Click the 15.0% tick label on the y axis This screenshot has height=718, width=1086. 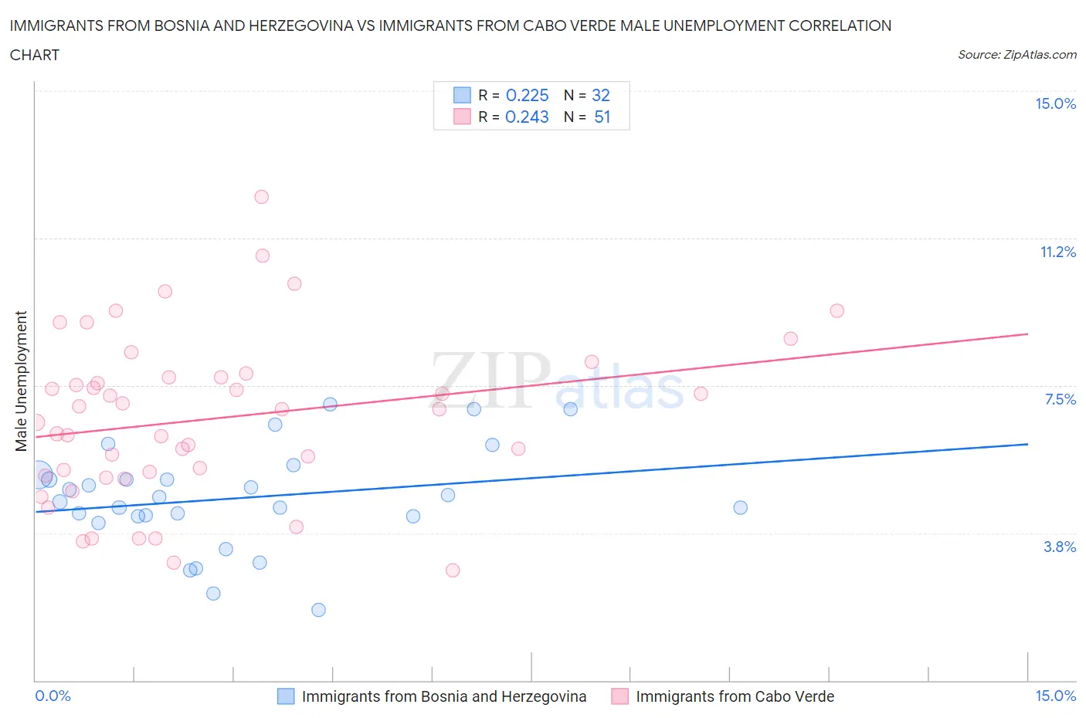1055,104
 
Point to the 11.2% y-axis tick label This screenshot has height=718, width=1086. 1057,252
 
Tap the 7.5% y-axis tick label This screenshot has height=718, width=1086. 1060,399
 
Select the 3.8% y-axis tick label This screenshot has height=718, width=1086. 1060,547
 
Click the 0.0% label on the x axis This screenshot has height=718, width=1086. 53,696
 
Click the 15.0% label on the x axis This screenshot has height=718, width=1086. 1055,696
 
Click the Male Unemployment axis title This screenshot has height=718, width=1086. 21,381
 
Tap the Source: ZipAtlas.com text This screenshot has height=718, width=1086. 1016,54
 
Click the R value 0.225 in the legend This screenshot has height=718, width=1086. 527,95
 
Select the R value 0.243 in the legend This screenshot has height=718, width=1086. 527,117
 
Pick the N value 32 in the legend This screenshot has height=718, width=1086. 601,95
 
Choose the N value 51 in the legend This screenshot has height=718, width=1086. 602,117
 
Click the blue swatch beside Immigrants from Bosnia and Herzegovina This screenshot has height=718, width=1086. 286,696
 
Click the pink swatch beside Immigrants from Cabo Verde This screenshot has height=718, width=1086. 619,696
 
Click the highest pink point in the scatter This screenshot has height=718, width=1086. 262,197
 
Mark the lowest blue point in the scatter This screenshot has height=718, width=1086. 318,610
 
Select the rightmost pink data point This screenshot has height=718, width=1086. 837,310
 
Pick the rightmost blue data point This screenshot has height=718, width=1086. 740,507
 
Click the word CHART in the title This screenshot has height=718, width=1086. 35,55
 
